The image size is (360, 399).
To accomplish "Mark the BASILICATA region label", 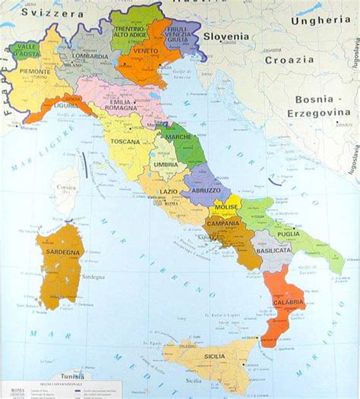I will pyautogui.click(x=273, y=250).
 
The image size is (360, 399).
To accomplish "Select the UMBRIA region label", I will pyautogui.click(x=166, y=164).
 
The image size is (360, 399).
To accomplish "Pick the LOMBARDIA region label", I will pyautogui.click(x=90, y=55).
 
